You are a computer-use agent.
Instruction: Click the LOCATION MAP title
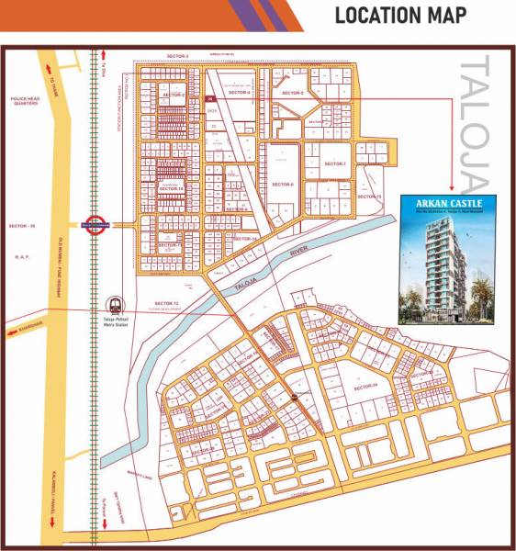[x=400, y=16]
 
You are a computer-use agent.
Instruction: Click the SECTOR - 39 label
[x=20, y=225]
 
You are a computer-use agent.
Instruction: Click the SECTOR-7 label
[x=335, y=164]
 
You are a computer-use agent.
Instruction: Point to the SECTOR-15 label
[x=369, y=197]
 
